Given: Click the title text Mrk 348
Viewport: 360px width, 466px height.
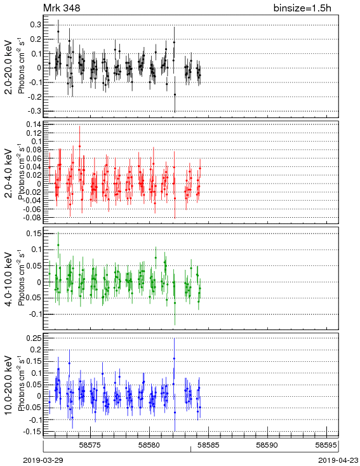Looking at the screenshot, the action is pyautogui.click(x=62, y=8).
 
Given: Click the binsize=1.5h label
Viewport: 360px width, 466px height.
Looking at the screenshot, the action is pyautogui.click(x=302, y=8).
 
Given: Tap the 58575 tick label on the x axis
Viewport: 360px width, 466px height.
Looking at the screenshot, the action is pyautogui.click(x=90, y=445).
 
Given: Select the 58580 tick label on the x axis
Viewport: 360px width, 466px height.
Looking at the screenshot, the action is pyautogui.click(x=150, y=445).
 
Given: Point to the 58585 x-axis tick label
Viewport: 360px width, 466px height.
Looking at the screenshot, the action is pyautogui.click(x=208, y=445).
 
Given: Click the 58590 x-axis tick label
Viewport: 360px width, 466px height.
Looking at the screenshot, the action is pyautogui.click(x=267, y=445).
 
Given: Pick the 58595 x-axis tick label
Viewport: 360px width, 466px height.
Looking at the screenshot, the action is pyautogui.click(x=326, y=445).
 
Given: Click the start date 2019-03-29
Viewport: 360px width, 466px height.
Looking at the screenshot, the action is pyautogui.click(x=43, y=460).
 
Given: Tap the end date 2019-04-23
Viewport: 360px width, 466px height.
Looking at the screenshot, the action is pyautogui.click(x=338, y=460).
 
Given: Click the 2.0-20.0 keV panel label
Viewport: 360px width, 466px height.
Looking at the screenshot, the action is pyautogui.click(x=8, y=67).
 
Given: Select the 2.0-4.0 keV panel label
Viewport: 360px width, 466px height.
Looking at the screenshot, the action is pyautogui.click(x=8, y=173).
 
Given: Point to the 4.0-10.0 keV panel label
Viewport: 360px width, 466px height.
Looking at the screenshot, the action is pyautogui.click(x=8, y=279).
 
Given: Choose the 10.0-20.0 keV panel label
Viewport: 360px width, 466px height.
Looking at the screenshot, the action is pyautogui.click(x=8, y=385).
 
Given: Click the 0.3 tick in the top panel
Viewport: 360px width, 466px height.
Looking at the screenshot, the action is pyautogui.click(x=36, y=25).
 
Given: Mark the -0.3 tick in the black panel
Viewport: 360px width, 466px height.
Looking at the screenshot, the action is pyautogui.click(x=34, y=111).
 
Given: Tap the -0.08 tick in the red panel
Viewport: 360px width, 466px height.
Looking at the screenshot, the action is pyautogui.click(x=32, y=218).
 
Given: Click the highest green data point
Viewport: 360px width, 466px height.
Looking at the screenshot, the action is pyautogui.click(x=58, y=245).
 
